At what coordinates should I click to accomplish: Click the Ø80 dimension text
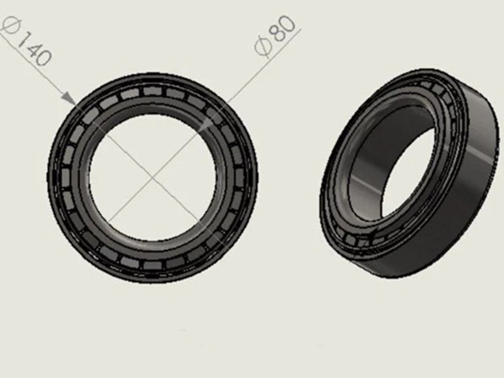275,36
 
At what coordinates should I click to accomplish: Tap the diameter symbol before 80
263,48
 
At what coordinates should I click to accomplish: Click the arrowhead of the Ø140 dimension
68,98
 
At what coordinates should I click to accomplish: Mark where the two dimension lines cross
151,177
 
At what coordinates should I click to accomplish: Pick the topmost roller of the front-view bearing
152,91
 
